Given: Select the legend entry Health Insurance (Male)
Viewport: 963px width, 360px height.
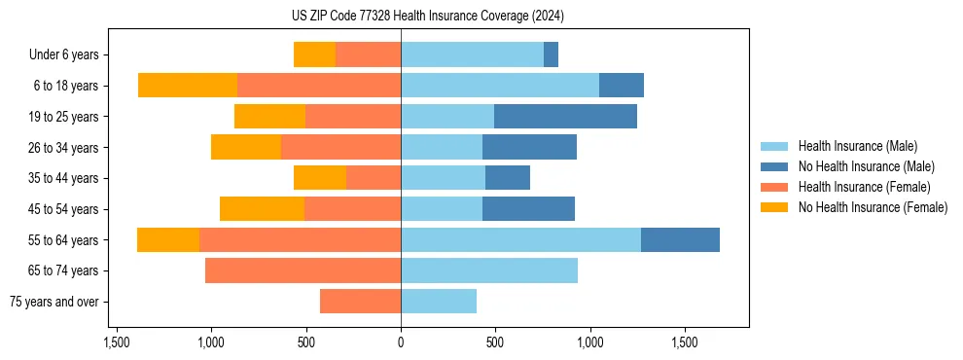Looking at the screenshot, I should [857, 146].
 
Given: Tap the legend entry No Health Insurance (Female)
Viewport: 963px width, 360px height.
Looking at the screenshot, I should [873, 207].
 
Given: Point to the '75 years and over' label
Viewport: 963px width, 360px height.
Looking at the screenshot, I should [54, 302].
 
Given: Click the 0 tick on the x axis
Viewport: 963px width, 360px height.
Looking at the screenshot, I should [401, 343].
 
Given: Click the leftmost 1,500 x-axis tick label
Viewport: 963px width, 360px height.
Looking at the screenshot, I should [117, 343].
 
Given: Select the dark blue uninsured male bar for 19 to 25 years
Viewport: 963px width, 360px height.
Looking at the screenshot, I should [565, 117].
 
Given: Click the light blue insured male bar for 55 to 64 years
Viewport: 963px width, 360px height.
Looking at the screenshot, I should [520, 239].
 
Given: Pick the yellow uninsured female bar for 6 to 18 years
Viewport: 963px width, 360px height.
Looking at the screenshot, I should [188, 86].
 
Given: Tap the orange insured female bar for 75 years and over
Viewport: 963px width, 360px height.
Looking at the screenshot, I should [360, 302].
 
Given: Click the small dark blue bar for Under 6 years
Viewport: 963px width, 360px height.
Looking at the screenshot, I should [551, 55].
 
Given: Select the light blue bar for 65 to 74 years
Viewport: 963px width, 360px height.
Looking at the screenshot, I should [489, 270].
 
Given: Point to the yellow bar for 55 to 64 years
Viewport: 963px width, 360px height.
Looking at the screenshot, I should [168, 239].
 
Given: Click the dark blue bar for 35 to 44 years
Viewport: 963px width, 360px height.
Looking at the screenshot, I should [508, 178].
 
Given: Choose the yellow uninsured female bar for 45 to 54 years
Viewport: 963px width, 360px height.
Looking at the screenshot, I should [262, 209].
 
